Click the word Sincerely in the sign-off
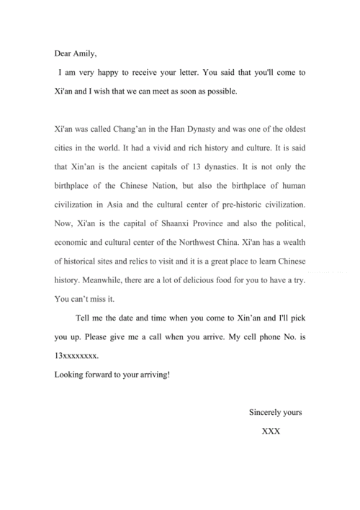266,413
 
